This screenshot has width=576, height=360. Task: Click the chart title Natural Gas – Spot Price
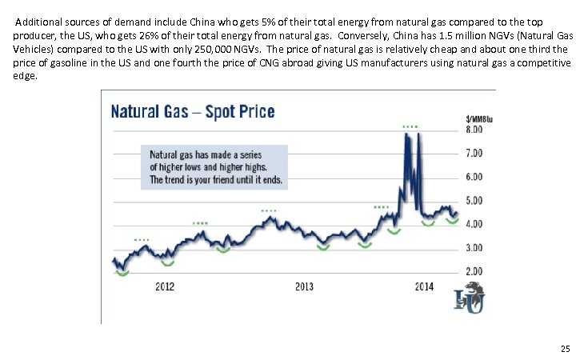(192, 110)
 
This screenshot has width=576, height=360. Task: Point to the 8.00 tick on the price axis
(474, 129)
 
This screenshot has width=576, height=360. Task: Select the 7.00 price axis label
(474, 153)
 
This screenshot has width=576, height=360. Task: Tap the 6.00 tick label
(474, 176)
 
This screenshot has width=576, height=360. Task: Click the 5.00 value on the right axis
(474, 200)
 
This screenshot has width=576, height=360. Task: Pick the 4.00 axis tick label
(474, 224)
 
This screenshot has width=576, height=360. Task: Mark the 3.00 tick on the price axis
(474, 248)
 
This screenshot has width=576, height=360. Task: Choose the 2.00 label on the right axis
(474, 272)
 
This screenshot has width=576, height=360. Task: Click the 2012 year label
(165, 286)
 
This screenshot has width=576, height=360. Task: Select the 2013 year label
(304, 286)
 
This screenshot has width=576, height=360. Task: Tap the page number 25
(565, 348)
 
